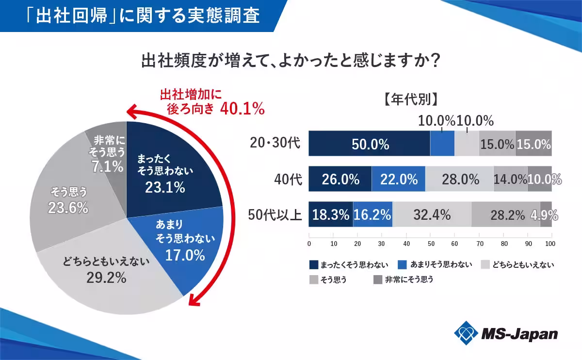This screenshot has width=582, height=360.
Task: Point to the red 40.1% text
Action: [x=242, y=109]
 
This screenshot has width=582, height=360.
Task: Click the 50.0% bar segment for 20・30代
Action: [x=370, y=144]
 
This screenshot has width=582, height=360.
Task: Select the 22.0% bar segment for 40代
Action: [x=399, y=179]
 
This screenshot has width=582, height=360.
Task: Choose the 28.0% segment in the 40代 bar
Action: [x=459, y=179]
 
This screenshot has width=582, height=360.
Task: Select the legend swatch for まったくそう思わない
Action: [x=314, y=265]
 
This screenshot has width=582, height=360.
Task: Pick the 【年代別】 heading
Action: [x=410, y=99]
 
